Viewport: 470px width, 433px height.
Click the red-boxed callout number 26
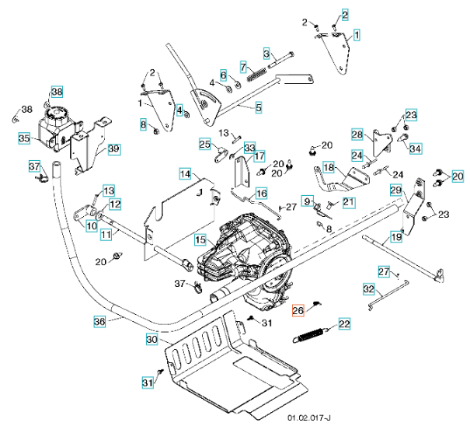pos(298,311)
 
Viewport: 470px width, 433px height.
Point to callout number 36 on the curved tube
pos(99,320)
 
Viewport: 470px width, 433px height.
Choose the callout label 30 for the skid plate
pos(151,339)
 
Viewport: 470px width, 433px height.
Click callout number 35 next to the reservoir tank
pos(24,138)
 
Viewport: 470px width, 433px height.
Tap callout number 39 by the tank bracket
pos(113,149)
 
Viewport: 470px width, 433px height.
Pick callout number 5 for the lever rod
pos(258,107)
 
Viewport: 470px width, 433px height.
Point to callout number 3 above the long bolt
pos(266,53)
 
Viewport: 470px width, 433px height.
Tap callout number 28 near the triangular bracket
pos(357,134)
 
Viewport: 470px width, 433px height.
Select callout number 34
pos(415,148)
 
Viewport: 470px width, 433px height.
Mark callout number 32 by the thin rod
pos(369,288)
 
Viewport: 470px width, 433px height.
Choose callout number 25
pos(204,144)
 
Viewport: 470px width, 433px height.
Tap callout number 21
pos(348,203)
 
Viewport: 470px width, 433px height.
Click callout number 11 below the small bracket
pos(106,232)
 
